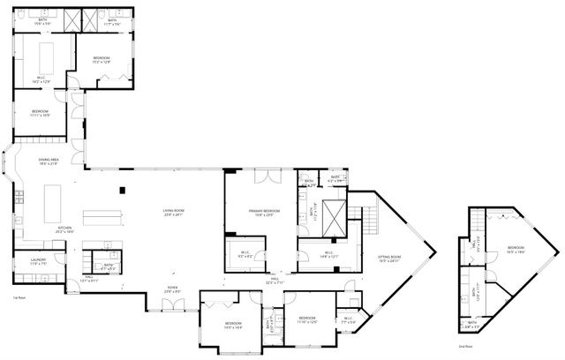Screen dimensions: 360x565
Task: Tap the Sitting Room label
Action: [389, 259]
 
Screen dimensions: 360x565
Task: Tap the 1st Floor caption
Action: [19, 298]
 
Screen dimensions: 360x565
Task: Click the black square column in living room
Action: [123, 189]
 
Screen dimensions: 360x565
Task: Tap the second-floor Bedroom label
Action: [516, 250]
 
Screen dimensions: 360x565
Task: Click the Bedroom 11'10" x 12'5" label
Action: [305, 319]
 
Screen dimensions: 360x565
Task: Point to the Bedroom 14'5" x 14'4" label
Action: [233, 326]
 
